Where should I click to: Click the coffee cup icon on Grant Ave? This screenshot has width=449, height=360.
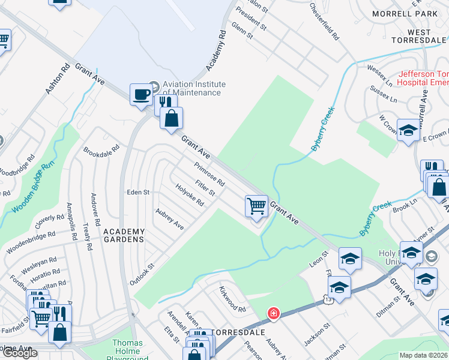point(141,94)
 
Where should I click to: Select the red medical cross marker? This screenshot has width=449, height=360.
point(273,314)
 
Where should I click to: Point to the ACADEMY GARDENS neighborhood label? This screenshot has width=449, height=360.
point(124,235)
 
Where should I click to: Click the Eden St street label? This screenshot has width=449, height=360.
point(137,193)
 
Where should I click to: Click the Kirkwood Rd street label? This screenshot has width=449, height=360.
point(232,300)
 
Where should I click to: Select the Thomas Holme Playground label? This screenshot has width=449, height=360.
point(127,348)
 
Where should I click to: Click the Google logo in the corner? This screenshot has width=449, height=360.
point(20,353)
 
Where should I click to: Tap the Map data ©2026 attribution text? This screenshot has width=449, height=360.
point(423,355)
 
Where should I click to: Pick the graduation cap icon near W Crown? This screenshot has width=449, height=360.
point(408,130)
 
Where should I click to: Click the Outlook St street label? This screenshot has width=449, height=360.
point(142,274)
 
